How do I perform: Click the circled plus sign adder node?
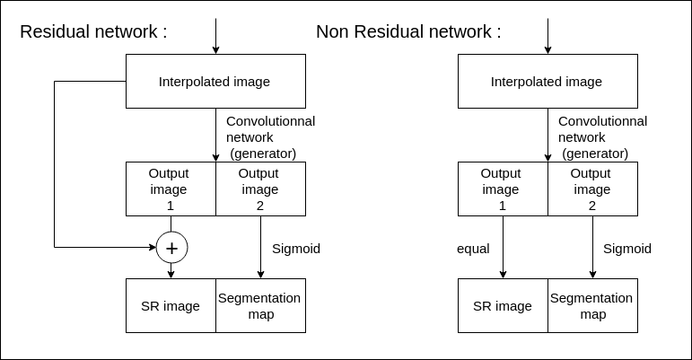click(x=171, y=246)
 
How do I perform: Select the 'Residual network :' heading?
click(x=93, y=32)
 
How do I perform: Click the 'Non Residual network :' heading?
click(x=408, y=32)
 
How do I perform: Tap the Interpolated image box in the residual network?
click(x=215, y=82)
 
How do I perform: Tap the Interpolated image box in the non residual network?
click(x=547, y=82)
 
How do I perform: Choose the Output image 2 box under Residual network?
click(x=259, y=189)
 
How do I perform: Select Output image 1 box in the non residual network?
click(x=502, y=189)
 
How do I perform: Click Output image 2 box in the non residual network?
click(x=591, y=189)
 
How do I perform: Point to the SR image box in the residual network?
click(x=171, y=306)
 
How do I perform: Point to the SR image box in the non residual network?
click(x=502, y=306)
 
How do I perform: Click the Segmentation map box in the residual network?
click(x=259, y=306)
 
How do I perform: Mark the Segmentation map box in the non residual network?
click(x=591, y=306)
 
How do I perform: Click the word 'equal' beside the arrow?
click(x=472, y=249)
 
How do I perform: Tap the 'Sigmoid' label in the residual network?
click(x=296, y=249)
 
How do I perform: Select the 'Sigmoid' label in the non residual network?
click(x=627, y=249)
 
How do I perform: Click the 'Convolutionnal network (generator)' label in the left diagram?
click(x=269, y=136)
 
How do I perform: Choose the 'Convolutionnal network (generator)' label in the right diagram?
click(x=601, y=136)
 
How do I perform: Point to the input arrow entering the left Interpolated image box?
click(x=215, y=36)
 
